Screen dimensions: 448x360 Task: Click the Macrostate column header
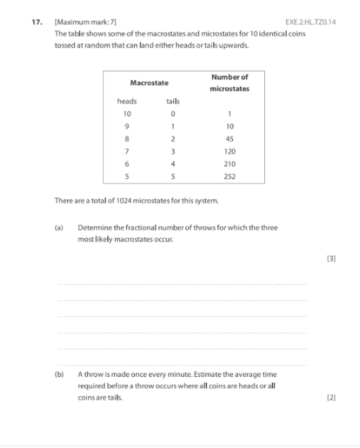click(x=149, y=83)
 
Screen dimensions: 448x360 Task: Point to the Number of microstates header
click(x=229, y=83)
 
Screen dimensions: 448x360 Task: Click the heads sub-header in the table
click(x=127, y=101)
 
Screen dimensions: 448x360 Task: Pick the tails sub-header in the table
click(x=173, y=101)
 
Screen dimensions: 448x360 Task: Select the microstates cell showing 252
click(x=229, y=175)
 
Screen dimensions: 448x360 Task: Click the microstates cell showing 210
click(x=229, y=164)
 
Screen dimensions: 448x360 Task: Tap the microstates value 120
click(x=229, y=151)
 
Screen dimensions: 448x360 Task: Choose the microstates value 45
click(x=229, y=139)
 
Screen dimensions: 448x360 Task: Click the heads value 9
click(x=127, y=126)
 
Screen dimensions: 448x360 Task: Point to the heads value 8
click(x=127, y=139)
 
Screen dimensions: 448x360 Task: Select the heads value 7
click(x=127, y=151)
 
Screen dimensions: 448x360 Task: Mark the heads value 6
click(x=127, y=164)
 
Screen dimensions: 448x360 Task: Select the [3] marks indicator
click(x=331, y=259)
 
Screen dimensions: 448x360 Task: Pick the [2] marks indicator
click(x=331, y=397)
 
